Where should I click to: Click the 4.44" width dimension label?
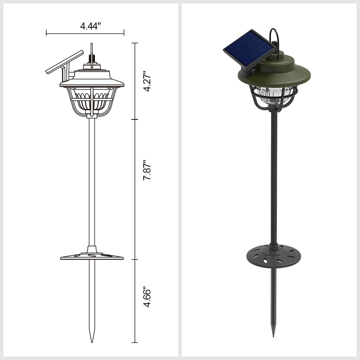coord(90,26)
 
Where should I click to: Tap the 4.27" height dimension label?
coord(147,81)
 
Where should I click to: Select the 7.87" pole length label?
coord(147,170)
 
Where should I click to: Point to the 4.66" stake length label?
coord(147,296)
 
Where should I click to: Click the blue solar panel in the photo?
coord(250,50)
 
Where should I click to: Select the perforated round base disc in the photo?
coord(273,257)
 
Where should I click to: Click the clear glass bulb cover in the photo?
coord(273,96)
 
